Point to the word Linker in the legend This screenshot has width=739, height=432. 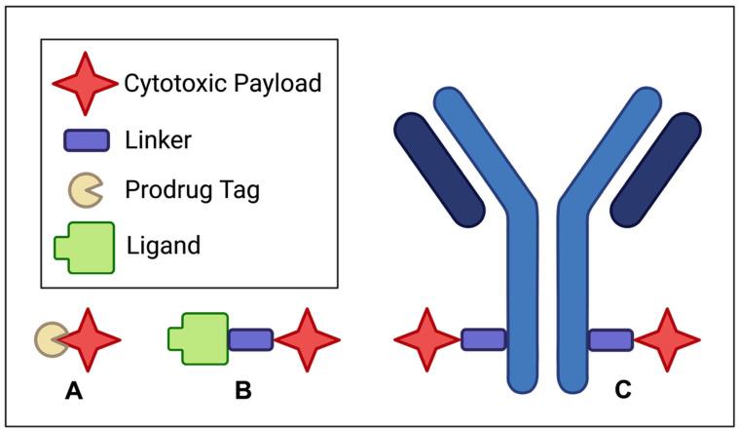click(x=159, y=139)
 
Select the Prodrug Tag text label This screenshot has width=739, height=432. click(x=193, y=189)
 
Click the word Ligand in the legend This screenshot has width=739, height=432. click(x=164, y=245)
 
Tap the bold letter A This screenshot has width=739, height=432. click(x=73, y=391)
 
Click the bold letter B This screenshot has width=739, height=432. click(x=243, y=391)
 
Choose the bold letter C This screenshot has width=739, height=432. click(x=622, y=391)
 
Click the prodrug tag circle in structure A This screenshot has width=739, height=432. click(x=49, y=339)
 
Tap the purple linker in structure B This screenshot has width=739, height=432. click(x=250, y=339)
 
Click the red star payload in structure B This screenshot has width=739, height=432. click(x=307, y=339)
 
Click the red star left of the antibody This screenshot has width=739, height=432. click(x=426, y=339)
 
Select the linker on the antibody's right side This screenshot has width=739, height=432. click(x=610, y=339)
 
